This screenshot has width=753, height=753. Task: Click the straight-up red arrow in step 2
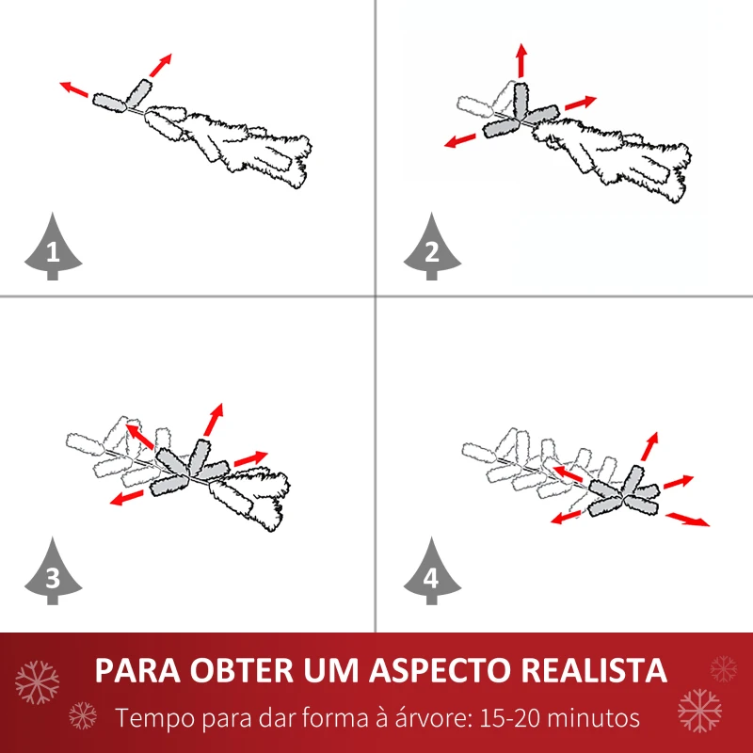click(x=521, y=60)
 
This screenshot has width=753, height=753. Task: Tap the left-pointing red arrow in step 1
click(x=74, y=89)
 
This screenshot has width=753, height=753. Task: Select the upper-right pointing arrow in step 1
click(x=161, y=64)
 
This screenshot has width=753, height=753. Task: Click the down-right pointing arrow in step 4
click(x=688, y=519)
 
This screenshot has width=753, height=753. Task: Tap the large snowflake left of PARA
click(x=38, y=680)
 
